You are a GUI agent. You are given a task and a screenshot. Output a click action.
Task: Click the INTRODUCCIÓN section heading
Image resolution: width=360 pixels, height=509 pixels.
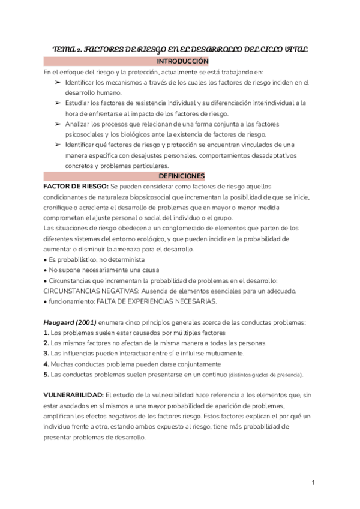182,62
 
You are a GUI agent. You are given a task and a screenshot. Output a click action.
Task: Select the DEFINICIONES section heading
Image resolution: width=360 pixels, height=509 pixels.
182,176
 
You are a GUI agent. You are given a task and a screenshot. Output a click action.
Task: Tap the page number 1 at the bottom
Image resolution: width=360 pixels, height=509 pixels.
313,482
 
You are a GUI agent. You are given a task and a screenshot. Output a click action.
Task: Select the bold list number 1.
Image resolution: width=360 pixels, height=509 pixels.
46,333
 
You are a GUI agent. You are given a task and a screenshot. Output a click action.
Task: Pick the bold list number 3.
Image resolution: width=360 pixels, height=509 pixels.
46,354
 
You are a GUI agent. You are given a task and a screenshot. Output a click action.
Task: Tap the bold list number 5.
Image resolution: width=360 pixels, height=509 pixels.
46,375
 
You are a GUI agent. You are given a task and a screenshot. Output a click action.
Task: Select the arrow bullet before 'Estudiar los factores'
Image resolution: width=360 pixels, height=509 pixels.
57,104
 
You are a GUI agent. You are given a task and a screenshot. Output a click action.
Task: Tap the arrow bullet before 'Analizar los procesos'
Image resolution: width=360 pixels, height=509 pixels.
57,124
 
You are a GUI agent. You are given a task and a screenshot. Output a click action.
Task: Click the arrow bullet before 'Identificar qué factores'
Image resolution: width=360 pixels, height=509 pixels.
57,145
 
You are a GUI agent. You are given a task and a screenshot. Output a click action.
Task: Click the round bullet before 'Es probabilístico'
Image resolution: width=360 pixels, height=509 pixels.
46,260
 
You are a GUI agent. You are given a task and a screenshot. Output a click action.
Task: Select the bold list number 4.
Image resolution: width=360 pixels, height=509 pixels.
46,364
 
